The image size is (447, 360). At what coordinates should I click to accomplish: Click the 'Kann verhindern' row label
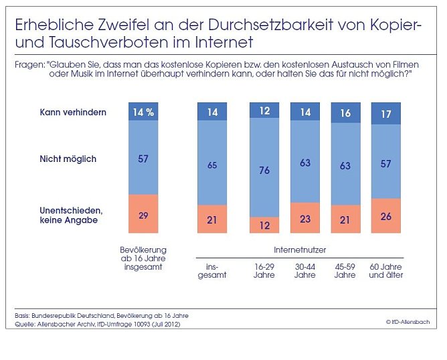(x=72, y=112)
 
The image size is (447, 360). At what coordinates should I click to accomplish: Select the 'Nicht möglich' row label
(x=68, y=159)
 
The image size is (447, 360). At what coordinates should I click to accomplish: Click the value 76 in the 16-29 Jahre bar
(x=264, y=170)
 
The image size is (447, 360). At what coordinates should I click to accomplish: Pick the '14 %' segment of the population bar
(x=143, y=112)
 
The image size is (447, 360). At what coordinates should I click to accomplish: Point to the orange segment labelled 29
(x=143, y=214)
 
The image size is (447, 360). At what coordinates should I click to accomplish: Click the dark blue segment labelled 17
(x=385, y=114)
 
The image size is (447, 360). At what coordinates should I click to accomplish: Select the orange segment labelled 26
(x=385, y=215)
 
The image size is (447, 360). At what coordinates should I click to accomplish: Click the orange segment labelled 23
(x=305, y=217)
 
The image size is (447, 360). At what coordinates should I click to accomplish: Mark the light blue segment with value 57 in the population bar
(x=143, y=158)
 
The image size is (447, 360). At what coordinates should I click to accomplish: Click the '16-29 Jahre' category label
(x=264, y=271)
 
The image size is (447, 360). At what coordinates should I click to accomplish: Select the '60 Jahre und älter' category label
(x=386, y=271)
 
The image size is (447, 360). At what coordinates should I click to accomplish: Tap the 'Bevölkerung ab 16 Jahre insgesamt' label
(x=143, y=258)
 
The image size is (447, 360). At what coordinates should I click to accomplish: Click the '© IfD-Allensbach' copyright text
(x=407, y=322)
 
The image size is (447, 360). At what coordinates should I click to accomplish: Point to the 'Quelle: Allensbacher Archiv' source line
(x=97, y=324)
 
